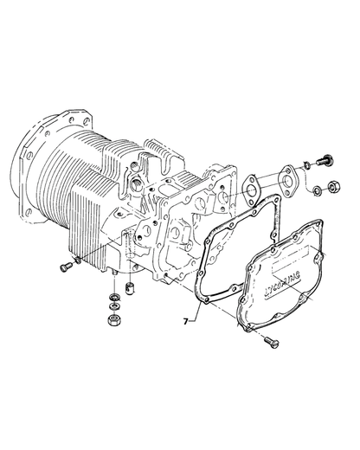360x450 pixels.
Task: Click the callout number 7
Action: tap(187, 321)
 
